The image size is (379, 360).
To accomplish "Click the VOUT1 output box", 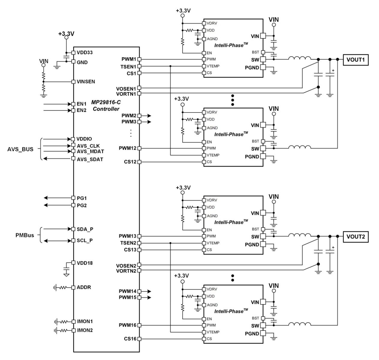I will [x=355, y=59].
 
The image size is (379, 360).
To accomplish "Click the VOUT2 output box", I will [x=355, y=236].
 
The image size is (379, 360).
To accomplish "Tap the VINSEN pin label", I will [x=86, y=82].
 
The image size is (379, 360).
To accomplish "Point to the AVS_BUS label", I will [x=20, y=149].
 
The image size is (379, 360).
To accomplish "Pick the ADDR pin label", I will [x=84, y=287].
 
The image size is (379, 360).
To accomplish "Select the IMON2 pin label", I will [x=85, y=330].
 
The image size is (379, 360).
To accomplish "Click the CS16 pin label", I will [x=130, y=339].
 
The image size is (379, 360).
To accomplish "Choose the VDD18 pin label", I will [x=85, y=263].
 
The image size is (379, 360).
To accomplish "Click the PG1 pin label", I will [x=82, y=198].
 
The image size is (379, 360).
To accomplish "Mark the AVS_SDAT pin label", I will [x=90, y=159].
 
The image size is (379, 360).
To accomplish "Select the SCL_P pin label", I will [x=85, y=241].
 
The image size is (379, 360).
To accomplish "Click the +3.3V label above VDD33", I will [x=66, y=34].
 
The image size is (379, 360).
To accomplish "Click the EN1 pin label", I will [x=82, y=104].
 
